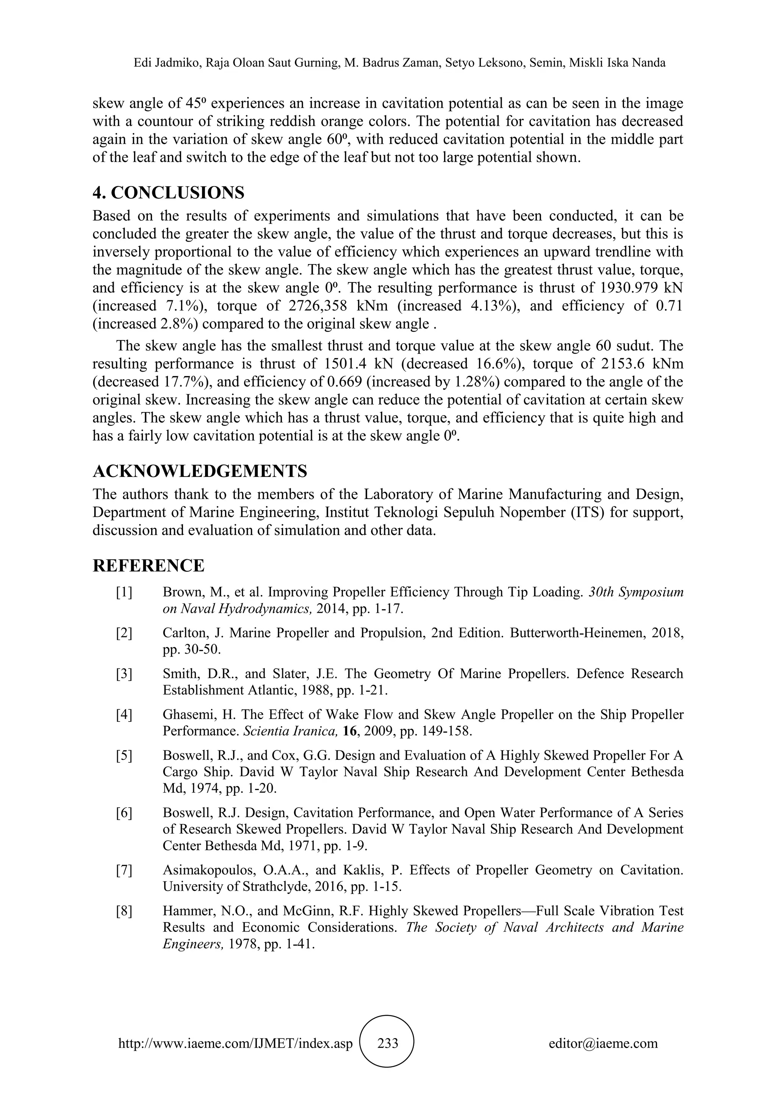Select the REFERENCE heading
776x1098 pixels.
[x=148, y=565]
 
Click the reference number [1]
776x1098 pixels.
[x=124, y=592]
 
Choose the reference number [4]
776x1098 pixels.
[x=124, y=714]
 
